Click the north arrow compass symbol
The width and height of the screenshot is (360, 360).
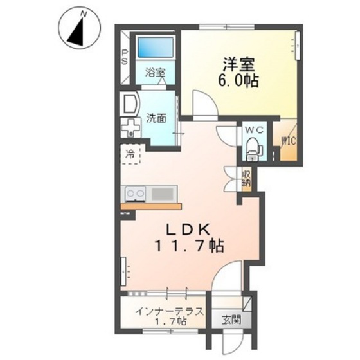pos(80,28)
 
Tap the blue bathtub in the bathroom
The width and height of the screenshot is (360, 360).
pos(156,48)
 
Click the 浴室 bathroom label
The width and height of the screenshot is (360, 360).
pos(156,73)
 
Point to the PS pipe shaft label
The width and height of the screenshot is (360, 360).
pos(125,57)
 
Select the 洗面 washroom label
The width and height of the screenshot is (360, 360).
pos(156,118)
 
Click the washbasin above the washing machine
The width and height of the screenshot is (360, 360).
pos(129,104)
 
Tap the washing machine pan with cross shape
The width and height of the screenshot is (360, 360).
pos(130,128)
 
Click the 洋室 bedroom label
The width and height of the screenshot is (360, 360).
pos(239,64)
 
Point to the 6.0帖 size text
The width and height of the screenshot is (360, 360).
pos(239,80)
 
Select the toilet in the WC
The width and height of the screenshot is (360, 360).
pos(254,148)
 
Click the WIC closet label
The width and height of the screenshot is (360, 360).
pos(289,141)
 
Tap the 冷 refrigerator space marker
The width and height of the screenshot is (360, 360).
pos(130,154)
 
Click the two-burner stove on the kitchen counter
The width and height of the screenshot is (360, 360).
pos(136,194)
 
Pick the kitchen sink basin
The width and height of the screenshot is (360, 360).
pos(162,194)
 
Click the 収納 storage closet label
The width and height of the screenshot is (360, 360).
pos(247,179)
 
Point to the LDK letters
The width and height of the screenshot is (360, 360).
pos(188,230)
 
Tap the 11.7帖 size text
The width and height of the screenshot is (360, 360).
pos(190,246)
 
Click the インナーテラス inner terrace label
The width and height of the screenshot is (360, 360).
pos(170,312)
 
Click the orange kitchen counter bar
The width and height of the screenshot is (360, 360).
pos(151,206)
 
